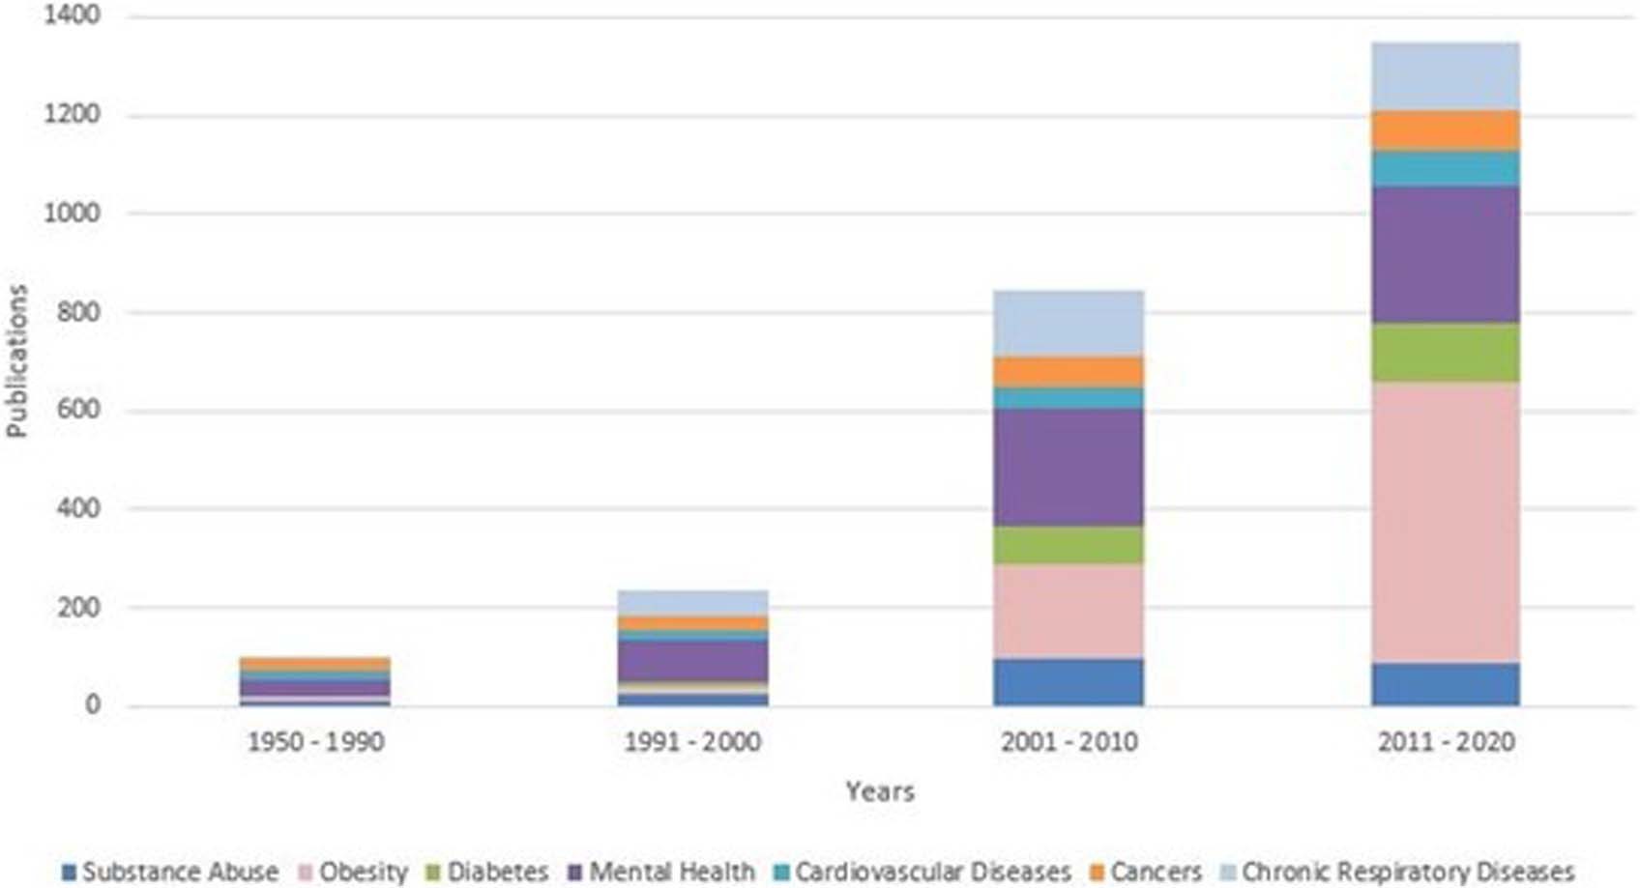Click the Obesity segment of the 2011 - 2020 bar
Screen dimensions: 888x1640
[1445, 522]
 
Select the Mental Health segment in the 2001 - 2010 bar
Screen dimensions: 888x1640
[1069, 467]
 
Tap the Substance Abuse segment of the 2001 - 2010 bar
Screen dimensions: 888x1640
[1069, 682]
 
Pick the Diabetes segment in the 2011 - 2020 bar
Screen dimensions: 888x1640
[1445, 353]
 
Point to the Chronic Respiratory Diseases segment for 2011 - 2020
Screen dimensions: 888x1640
[1445, 76]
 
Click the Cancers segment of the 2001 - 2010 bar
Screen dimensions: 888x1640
[1069, 372]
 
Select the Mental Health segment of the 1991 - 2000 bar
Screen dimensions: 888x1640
[692, 661]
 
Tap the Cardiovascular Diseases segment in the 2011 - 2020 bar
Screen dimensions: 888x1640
[1445, 169]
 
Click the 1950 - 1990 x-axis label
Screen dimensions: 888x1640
[315, 742]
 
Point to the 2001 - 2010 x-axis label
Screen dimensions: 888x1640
[1069, 742]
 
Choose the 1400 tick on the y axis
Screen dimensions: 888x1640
[72, 15]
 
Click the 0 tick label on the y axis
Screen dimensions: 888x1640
[92, 705]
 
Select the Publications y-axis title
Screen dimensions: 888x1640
[16, 361]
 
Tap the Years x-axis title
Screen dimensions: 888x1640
[879, 791]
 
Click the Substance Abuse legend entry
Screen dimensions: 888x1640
[170, 872]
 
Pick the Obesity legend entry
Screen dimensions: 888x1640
[353, 872]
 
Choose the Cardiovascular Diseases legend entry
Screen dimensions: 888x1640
[922, 872]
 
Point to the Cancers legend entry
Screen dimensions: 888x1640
[1146, 872]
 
